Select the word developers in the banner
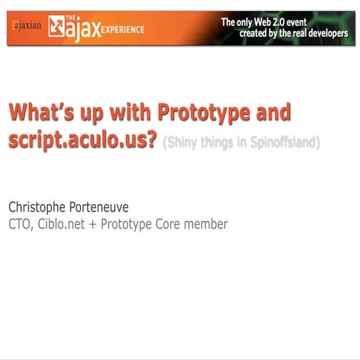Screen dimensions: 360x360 323,34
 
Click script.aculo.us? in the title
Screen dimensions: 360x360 83,141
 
